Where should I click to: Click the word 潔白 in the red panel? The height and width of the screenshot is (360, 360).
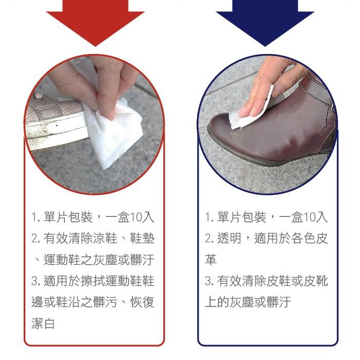click(x=43, y=323)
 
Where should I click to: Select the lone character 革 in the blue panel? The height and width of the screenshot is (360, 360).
click(x=210, y=260)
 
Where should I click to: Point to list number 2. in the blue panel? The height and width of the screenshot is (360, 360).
click(x=209, y=239)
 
